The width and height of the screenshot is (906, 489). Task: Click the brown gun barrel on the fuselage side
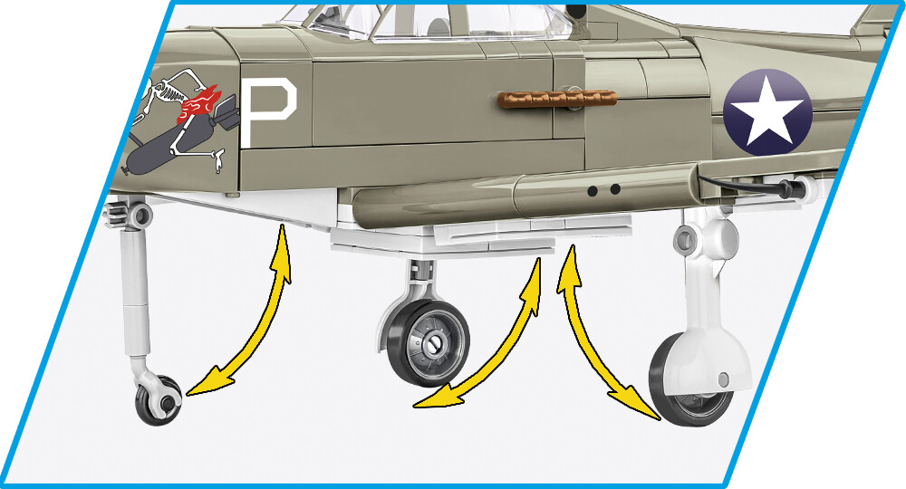click(556, 99)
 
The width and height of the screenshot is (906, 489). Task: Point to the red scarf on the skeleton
click(200, 104)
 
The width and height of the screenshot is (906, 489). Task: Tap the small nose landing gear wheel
click(159, 400)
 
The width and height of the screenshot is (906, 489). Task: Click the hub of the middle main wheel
click(433, 344)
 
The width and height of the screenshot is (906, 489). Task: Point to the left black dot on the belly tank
click(593, 190)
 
